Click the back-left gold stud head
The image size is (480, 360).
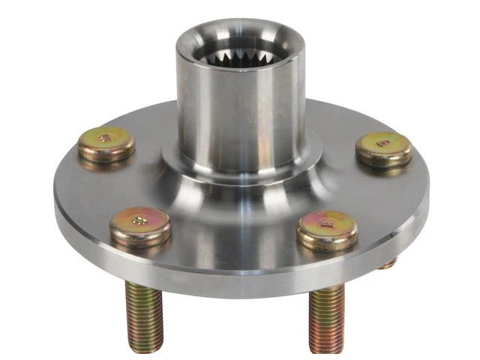pyautogui.click(x=106, y=142)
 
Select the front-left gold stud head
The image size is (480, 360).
pyautogui.click(x=139, y=224)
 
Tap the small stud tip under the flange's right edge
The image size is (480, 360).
pyautogui.click(x=388, y=263)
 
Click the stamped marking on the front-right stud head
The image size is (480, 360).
pyautogui.click(x=326, y=222)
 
